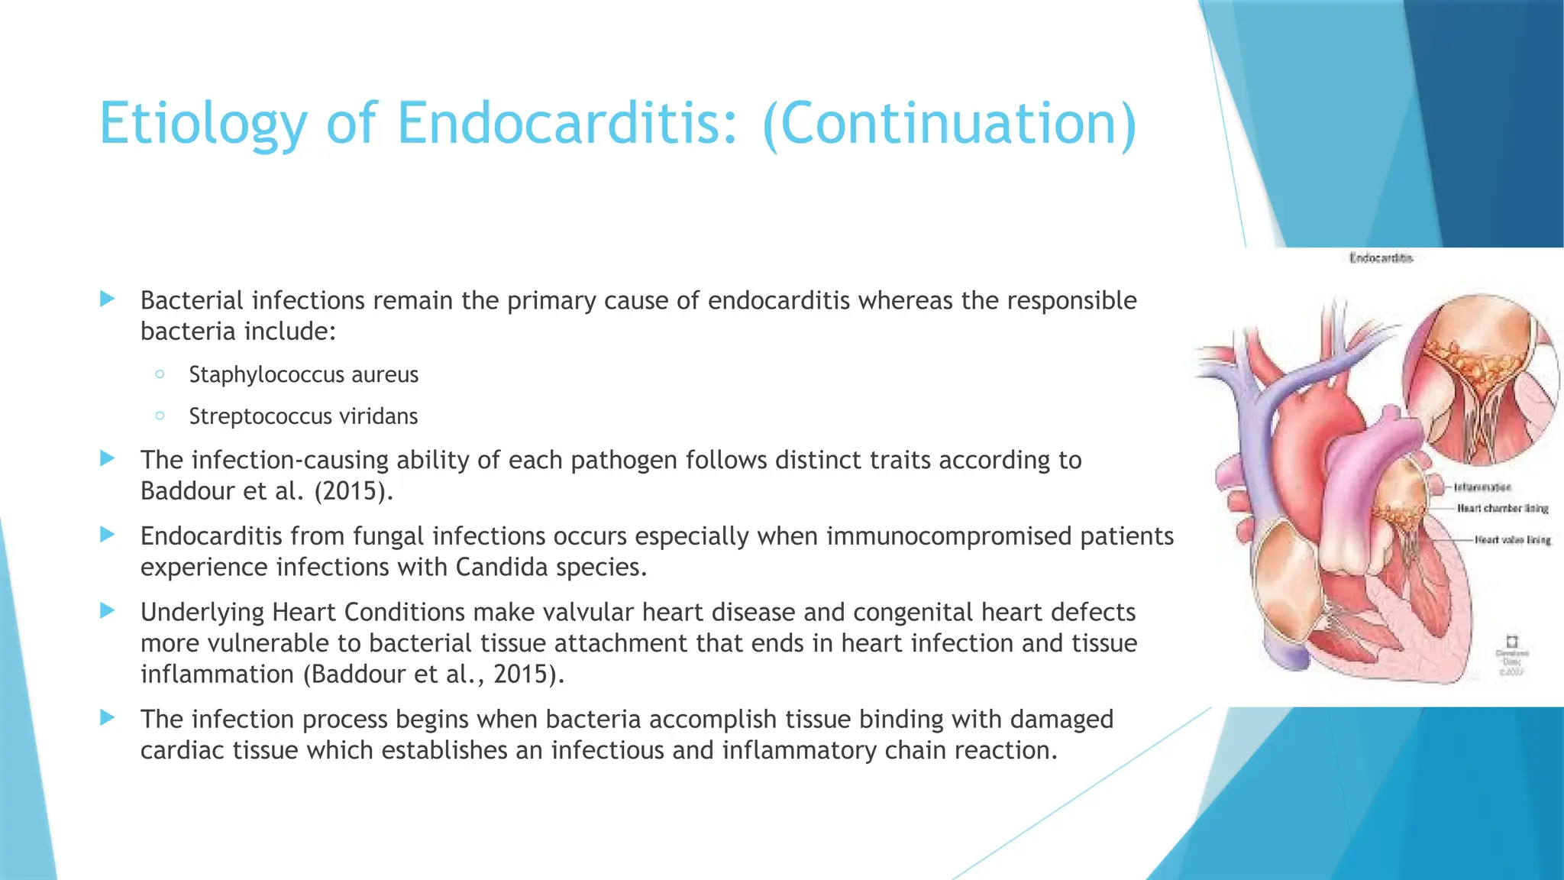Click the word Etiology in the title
(x=203, y=123)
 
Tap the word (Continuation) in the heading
(x=949, y=123)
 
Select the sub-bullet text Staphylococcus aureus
(x=303, y=375)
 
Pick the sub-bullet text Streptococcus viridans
(x=303, y=416)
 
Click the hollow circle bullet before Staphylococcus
(x=160, y=374)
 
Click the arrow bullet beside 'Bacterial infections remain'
(x=108, y=299)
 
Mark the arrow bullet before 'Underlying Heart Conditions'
(x=108, y=610)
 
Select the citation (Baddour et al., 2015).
(x=433, y=675)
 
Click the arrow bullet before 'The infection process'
(x=108, y=717)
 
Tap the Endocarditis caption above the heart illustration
(x=1381, y=258)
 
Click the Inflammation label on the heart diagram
(x=1482, y=487)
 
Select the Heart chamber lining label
(x=1502, y=508)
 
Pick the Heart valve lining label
(x=1512, y=540)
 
